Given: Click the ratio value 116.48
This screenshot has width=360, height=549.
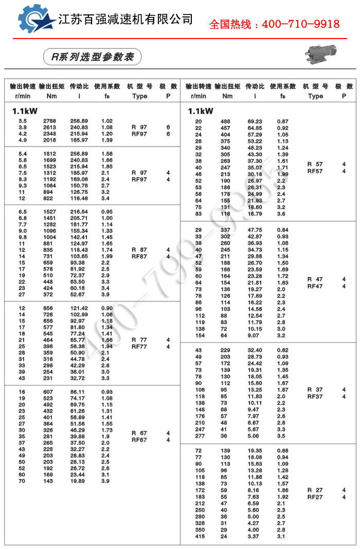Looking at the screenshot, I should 79,198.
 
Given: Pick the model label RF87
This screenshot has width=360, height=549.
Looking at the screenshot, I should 139,257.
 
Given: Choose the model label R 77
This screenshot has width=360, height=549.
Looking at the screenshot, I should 139,340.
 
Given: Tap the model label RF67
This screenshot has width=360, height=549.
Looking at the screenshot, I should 139,440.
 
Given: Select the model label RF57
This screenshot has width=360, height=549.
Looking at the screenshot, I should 315,171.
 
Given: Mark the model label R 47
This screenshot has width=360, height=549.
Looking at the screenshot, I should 315,279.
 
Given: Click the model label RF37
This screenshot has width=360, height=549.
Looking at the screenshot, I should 315,396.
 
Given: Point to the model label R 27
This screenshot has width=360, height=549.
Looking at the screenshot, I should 315,490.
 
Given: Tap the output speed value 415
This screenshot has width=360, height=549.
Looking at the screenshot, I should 200,537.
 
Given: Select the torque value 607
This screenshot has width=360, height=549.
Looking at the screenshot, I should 50,392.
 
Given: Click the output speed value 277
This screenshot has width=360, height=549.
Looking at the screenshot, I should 200,435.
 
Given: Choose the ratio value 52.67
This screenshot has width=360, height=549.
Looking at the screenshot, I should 79,294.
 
